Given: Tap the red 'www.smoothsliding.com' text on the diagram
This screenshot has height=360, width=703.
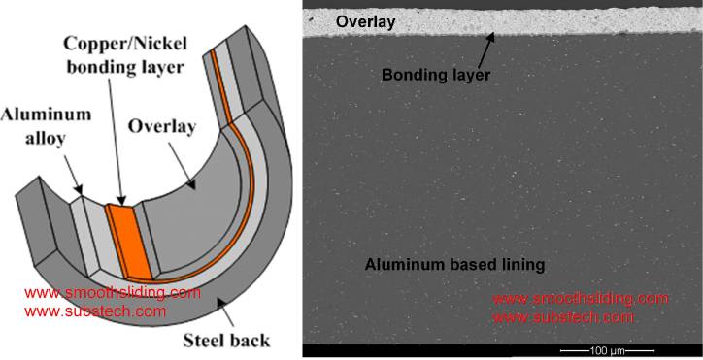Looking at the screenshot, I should (112, 292).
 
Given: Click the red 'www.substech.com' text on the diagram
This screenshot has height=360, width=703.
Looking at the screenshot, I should (95, 311).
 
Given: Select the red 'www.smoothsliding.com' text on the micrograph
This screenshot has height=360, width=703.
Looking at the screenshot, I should (581, 298).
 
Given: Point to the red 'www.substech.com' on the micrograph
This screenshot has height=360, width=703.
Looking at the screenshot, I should (564, 317).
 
